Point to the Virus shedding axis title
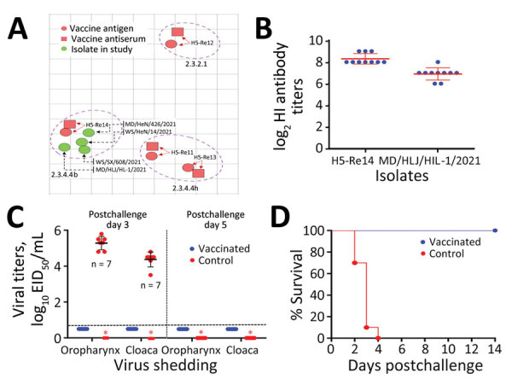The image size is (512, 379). point(138,370)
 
